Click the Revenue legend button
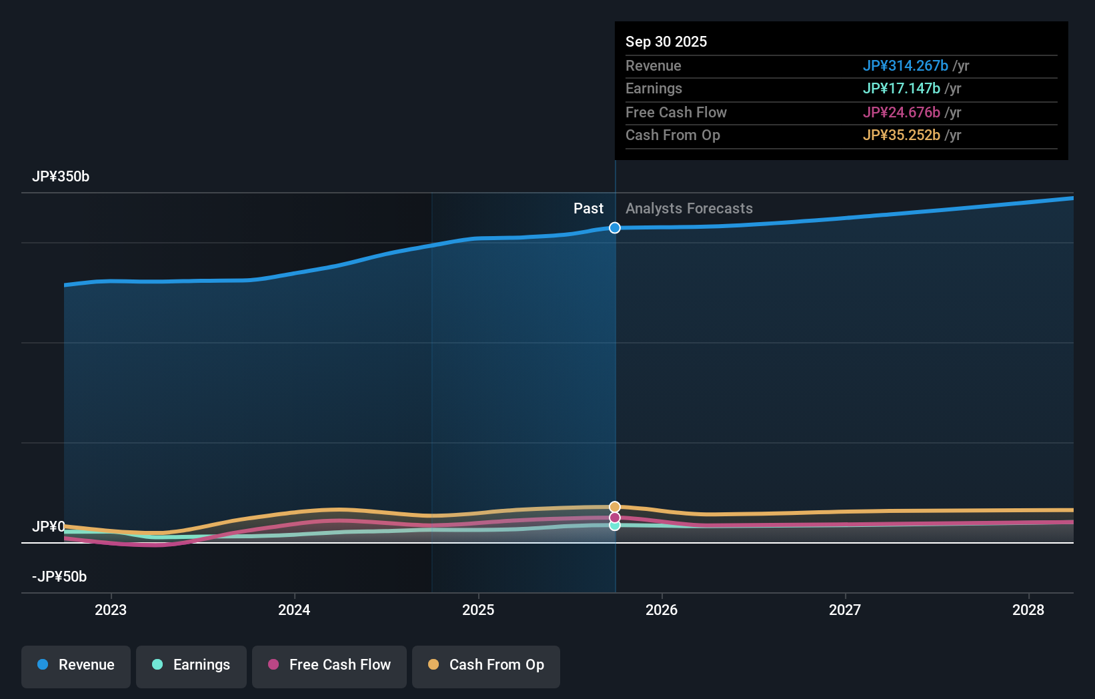(x=76, y=666)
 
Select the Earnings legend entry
(x=191, y=666)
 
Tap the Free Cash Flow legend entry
(x=329, y=666)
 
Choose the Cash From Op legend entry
(x=486, y=666)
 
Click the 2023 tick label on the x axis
(x=111, y=610)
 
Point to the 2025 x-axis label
(x=478, y=610)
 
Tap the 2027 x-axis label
(x=845, y=610)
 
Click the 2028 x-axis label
(x=1028, y=610)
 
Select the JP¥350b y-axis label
(x=61, y=177)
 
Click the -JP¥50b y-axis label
(x=59, y=577)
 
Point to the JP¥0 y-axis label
(x=49, y=527)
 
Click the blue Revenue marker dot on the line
(x=615, y=228)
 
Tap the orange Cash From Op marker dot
(x=615, y=507)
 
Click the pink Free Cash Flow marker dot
(x=615, y=518)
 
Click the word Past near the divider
(x=588, y=209)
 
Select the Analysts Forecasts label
(x=689, y=209)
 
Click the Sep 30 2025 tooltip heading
(x=666, y=42)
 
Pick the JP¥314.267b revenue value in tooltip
(x=905, y=66)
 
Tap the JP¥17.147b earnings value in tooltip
(x=901, y=89)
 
